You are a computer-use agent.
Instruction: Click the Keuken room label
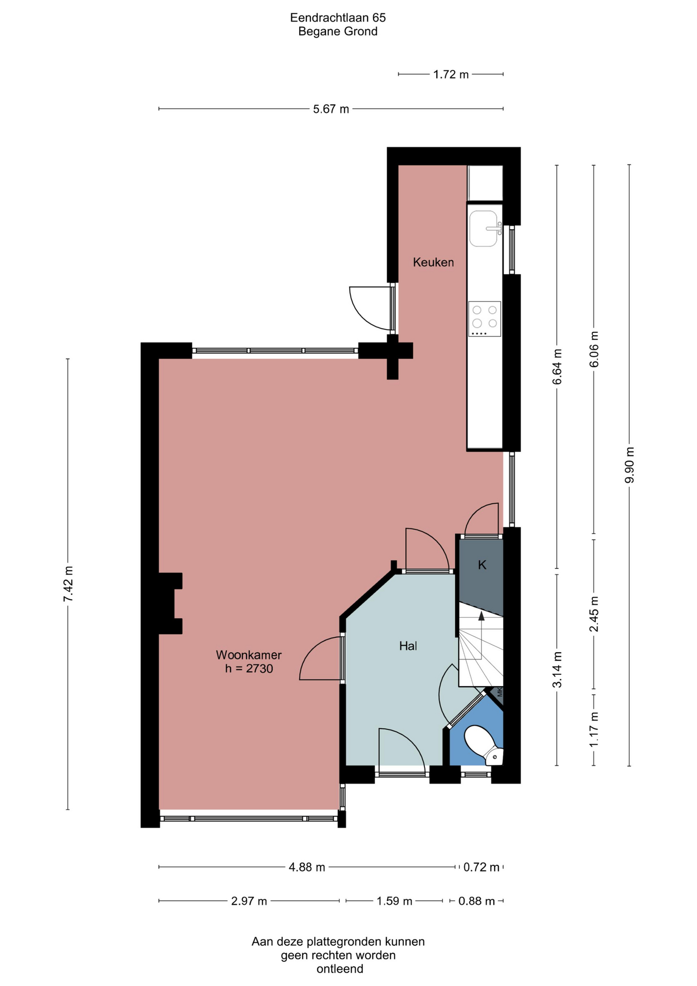pos(433,262)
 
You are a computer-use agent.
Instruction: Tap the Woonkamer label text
pos(248,655)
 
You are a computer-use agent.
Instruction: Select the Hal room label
pos(408,646)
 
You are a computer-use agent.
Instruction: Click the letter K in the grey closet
pos(482,565)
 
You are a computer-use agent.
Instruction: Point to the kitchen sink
pos(484,229)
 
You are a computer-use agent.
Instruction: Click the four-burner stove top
pos(485,319)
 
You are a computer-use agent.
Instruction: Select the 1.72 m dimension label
pos(451,74)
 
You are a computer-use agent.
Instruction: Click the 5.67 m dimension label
pos(331,109)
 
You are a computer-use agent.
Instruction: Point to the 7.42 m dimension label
pos(68,584)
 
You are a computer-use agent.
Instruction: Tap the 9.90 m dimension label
pos(629,465)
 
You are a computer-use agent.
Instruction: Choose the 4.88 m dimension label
pos(307,867)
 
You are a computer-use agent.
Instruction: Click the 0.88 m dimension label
pos(476,901)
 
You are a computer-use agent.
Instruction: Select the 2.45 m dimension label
pos(594,614)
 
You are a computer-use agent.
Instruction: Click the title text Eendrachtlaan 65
pos(338,18)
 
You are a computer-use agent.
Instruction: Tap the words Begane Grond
pos(338,31)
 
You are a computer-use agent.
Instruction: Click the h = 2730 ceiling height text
pos(249,669)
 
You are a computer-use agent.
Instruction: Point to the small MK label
pos(499,693)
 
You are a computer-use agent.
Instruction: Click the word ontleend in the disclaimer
pos(340,969)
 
